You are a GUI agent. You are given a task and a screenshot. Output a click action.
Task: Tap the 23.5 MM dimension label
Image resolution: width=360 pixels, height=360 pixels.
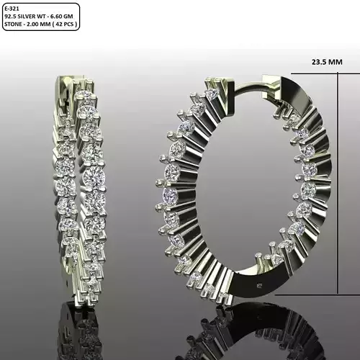[327, 62]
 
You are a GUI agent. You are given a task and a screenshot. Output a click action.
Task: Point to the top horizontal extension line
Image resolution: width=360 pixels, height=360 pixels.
[317, 74]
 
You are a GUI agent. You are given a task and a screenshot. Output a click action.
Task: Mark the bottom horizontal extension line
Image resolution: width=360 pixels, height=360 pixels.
[317, 294]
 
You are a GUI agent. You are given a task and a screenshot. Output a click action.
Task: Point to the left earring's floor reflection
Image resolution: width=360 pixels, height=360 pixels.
[79, 324]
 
